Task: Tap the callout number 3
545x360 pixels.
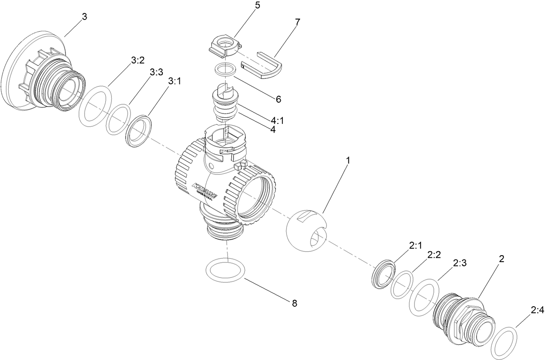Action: [84, 17]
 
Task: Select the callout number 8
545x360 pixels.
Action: [295, 303]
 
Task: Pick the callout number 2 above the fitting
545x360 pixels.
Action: [501, 259]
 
